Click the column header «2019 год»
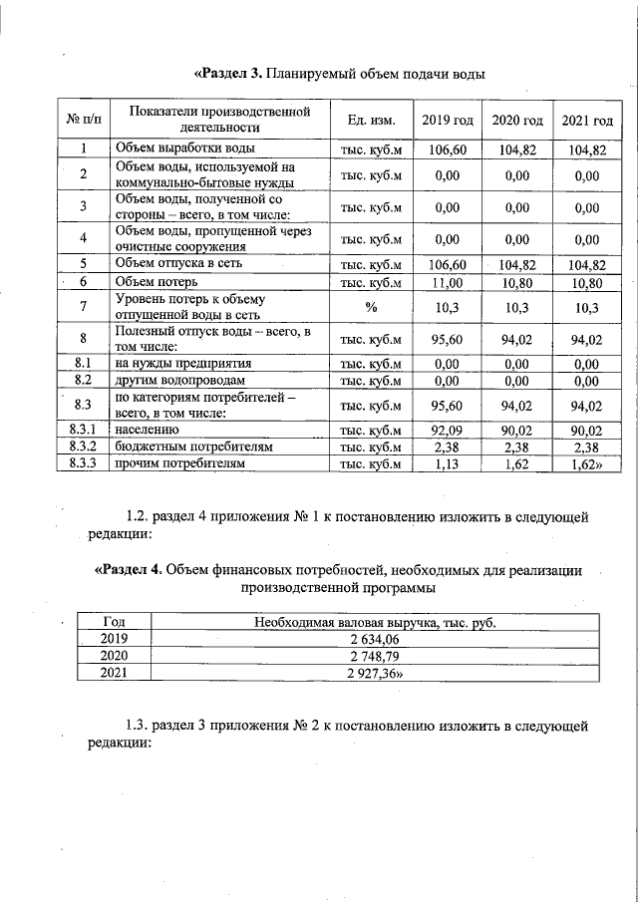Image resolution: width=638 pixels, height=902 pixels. [x=448, y=121]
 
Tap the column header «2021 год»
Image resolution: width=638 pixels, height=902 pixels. [x=587, y=121]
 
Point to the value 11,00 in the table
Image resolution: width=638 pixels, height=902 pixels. [x=448, y=283]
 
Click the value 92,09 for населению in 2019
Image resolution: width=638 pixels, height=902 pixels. [x=448, y=430]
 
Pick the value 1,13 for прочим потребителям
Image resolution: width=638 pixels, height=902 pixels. [x=448, y=463]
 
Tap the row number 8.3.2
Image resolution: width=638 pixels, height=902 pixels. [x=85, y=447]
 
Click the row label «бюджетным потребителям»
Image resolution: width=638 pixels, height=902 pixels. [x=193, y=447]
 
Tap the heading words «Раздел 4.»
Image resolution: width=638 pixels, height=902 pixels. [x=129, y=570]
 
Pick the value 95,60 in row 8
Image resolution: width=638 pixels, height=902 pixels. [x=448, y=340]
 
